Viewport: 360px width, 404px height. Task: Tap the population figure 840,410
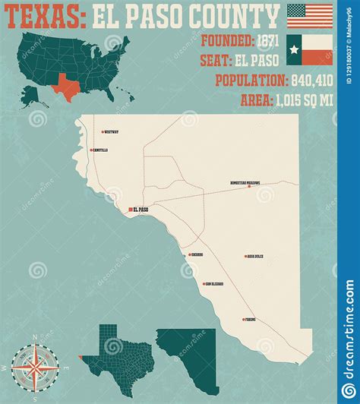[x=303, y=80]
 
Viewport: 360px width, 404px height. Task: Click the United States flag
[x=310, y=15]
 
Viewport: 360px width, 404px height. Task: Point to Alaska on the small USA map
[x=31, y=95]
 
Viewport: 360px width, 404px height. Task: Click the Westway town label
[x=111, y=132]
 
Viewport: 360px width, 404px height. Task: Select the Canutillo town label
[x=100, y=150]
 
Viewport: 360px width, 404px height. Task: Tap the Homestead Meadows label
[x=245, y=184]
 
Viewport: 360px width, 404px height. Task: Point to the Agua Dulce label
[x=255, y=257]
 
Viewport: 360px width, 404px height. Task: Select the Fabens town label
[x=251, y=320]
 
